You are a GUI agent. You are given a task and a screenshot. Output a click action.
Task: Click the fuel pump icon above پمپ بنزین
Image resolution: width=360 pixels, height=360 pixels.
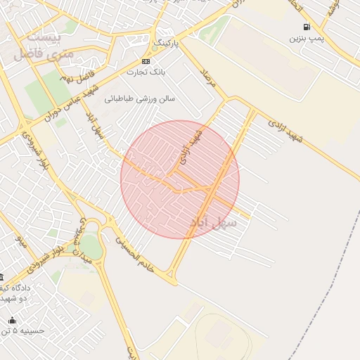[307, 27]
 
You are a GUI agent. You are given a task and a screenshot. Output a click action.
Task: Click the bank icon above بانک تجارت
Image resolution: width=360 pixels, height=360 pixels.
[146, 61]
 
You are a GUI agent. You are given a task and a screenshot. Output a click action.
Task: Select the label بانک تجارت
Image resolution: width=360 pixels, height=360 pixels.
[146, 72]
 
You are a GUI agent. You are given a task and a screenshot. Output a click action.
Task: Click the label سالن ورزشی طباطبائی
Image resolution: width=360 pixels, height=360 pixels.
[141, 99]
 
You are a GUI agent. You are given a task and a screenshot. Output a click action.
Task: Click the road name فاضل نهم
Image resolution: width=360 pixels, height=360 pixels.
[77, 73]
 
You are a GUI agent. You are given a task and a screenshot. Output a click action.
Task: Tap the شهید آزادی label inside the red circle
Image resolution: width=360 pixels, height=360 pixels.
[191, 146]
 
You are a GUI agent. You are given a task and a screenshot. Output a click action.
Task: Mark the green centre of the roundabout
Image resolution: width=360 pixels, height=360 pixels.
[91, 247]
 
